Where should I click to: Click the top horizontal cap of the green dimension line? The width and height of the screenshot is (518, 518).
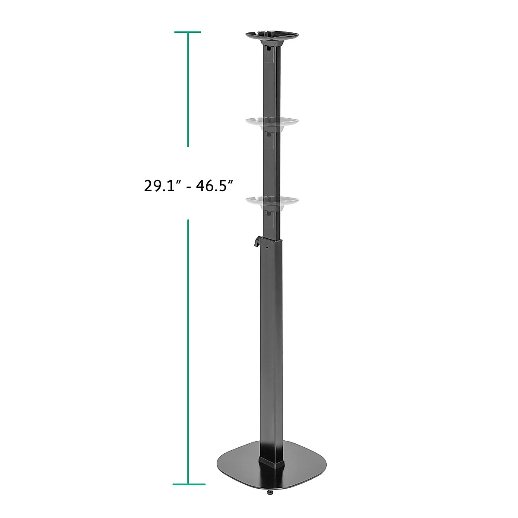(188, 32)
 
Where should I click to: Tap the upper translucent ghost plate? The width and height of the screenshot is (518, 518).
(272, 122)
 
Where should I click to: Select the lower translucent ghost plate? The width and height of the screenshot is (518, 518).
(272, 202)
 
